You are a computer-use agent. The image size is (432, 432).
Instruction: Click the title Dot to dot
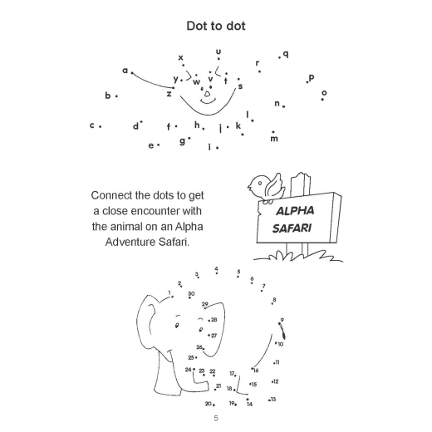(216, 26)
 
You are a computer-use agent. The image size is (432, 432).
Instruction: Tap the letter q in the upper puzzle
(286, 54)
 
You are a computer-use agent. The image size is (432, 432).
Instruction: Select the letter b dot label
(108, 96)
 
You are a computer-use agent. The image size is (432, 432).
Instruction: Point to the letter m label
(274, 139)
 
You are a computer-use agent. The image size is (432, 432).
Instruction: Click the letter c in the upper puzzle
(92, 125)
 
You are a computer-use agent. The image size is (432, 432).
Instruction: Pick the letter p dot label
(312, 77)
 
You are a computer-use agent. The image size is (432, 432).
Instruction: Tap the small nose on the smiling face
(207, 94)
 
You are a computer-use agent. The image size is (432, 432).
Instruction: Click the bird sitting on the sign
(267, 188)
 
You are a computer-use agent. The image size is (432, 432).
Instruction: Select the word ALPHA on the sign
(295, 211)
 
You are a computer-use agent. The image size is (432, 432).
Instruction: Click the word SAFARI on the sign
(292, 228)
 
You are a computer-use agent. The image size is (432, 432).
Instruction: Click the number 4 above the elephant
(216, 268)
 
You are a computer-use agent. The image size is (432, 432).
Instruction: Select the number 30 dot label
(191, 293)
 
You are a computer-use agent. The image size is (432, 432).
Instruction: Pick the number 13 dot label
(273, 400)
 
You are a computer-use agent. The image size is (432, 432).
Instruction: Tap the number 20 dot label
(209, 404)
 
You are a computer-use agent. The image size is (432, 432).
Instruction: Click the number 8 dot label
(274, 300)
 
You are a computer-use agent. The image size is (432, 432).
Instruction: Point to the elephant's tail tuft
(282, 331)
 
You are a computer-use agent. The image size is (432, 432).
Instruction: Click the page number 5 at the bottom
(216, 418)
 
